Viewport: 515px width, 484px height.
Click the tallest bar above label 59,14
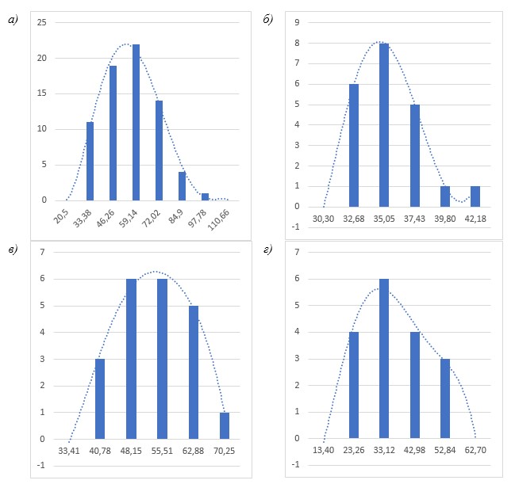coord(136,123)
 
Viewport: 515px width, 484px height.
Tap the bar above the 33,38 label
coord(90,161)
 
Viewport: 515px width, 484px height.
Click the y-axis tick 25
coord(41,23)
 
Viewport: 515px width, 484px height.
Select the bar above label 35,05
coord(383,125)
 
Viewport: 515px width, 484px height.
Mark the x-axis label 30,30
coord(324,219)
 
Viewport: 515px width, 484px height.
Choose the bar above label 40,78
coord(100,398)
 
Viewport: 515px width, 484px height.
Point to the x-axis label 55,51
coord(162,451)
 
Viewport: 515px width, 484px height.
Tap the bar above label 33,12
coord(384,359)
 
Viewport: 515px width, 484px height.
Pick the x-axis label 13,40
coord(324,451)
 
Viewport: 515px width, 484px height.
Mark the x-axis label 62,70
coord(475,451)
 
